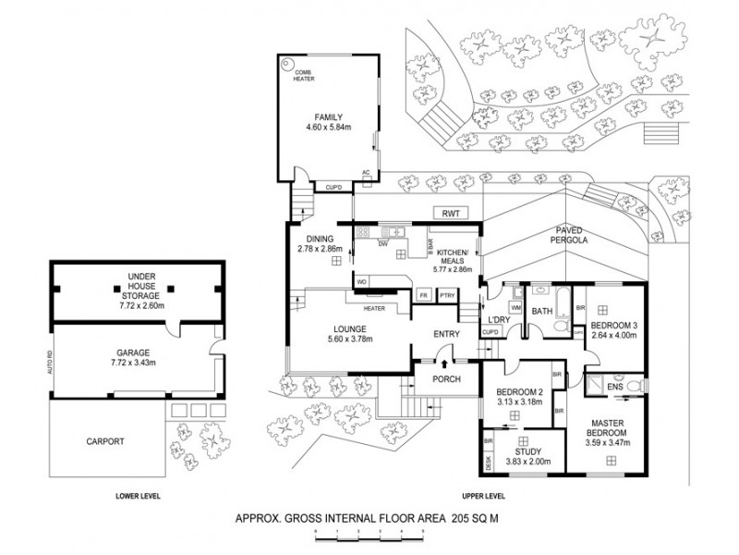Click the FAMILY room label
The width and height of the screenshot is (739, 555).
click(x=328, y=117)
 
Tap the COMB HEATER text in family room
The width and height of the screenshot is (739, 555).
click(x=305, y=76)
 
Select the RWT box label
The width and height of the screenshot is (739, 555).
click(x=451, y=213)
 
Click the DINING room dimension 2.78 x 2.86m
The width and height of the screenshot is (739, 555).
click(x=320, y=249)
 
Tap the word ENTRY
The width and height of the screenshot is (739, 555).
click(x=446, y=336)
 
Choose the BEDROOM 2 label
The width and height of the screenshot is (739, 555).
click(x=515, y=390)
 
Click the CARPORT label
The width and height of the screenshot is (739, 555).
click(x=106, y=442)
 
